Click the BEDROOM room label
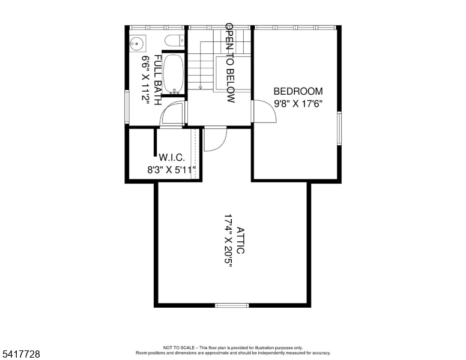[298, 91]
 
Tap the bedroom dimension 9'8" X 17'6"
[298, 104]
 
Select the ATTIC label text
[240, 240]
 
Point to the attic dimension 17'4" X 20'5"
[228, 241]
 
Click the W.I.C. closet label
[172, 157]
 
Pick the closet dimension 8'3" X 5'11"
[172, 170]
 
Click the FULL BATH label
[157, 80]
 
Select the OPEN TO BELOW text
[231, 63]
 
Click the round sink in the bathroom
[137, 43]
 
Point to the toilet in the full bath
[175, 41]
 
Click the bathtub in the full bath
[174, 74]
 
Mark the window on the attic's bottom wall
[232, 305]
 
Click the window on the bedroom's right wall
[339, 128]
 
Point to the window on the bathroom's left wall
[127, 107]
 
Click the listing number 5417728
[21, 354]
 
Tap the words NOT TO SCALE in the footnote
[179, 347]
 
